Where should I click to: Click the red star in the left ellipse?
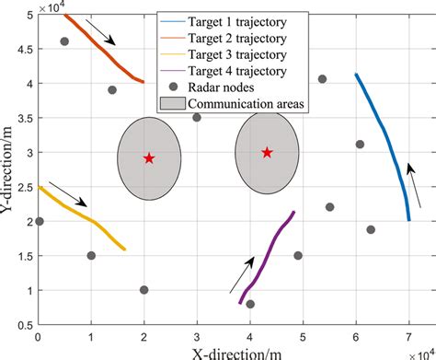click(149, 158)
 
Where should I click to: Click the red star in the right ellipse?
click(267, 153)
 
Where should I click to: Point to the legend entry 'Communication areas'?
click(248, 103)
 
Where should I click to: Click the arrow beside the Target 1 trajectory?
click(416, 180)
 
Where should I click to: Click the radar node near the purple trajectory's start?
click(250, 304)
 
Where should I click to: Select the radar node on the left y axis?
click(39, 221)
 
